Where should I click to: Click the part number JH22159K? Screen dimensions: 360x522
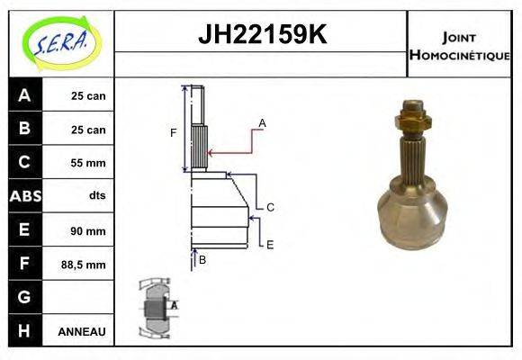click(x=261, y=35)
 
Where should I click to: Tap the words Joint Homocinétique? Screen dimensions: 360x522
click(x=459, y=45)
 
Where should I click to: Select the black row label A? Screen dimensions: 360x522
click(x=24, y=95)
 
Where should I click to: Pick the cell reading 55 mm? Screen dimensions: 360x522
click(x=88, y=163)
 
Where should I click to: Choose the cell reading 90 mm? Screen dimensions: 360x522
click(x=88, y=231)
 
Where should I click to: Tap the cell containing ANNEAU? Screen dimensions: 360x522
click(x=82, y=332)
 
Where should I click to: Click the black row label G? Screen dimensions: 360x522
click(x=24, y=298)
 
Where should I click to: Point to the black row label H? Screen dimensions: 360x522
click(x=24, y=331)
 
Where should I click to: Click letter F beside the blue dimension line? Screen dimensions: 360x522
click(x=174, y=133)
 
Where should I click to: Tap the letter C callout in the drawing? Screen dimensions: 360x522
click(x=270, y=207)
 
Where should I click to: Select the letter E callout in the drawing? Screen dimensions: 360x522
click(x=270, y=244)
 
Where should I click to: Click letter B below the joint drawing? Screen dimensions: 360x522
click(x=202, y=260)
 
